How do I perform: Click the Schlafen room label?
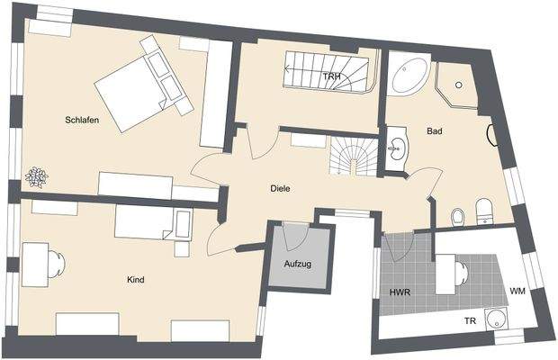(x=81, y=120)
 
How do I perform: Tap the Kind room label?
(x=136, y=280)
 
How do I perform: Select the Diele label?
(x=281, y=189)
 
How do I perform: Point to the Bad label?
(x=434, y=131)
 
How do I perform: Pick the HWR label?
(x=400, y=293)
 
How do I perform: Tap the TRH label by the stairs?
(x=332, y=76)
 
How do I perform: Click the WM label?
(x=517, y=291)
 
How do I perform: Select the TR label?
(x=470, y=321)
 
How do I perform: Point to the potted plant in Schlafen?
(x=36, y=177)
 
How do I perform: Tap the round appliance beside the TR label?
(x=494, y=319)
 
